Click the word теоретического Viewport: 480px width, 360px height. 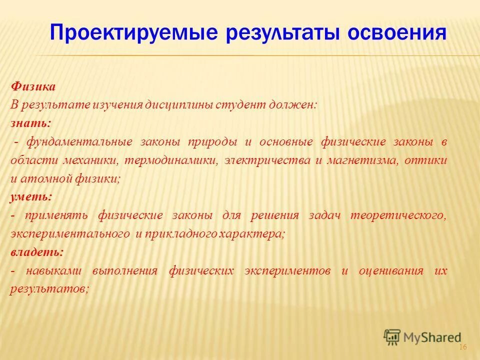(397, 215)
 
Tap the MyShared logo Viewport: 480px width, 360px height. (422, 337)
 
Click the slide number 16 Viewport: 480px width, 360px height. (462, 347)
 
